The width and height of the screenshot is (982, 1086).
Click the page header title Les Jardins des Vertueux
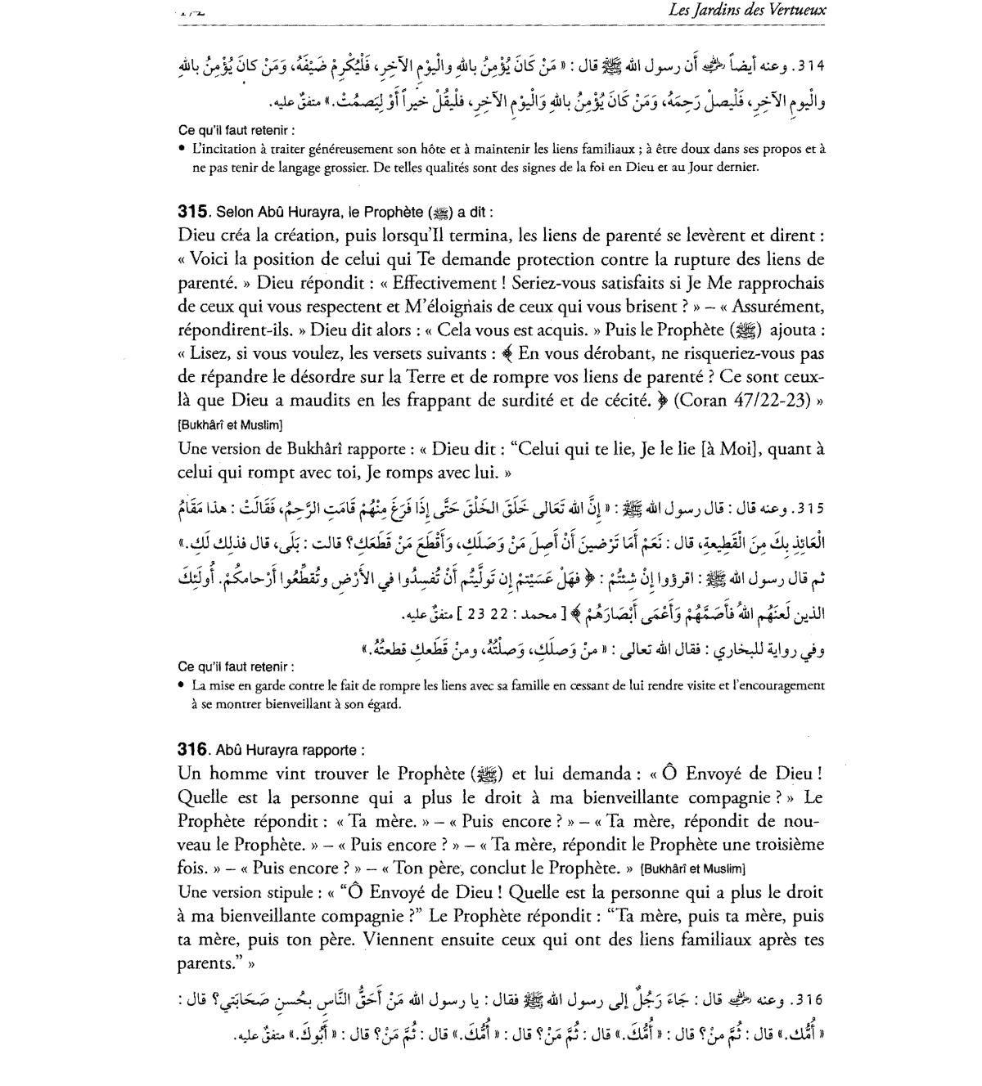(747, 11)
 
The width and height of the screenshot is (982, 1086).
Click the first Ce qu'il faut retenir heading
(236, 130)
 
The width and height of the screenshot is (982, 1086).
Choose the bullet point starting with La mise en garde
(507, 686)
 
